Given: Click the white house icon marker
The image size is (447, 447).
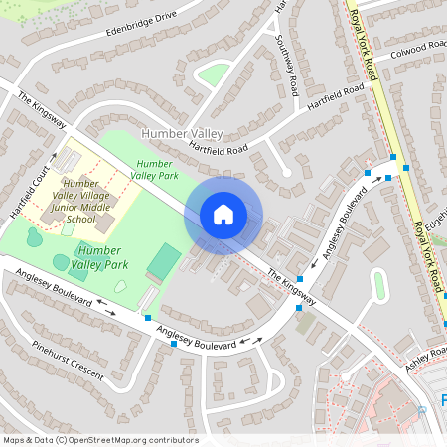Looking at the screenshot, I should [x=223, y=215].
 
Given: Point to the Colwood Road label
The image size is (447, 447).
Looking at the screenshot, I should [x=418, y=49].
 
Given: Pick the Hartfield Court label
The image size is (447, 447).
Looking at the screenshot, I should [x=29, y=184].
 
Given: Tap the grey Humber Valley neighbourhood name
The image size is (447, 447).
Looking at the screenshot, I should [x=185, y=133].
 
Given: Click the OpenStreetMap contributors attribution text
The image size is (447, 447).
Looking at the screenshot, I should [x=100, y=440].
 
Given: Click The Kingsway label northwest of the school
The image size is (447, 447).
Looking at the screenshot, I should [x=42, y=111].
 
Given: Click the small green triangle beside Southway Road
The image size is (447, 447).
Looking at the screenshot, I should [x=214, y=74].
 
